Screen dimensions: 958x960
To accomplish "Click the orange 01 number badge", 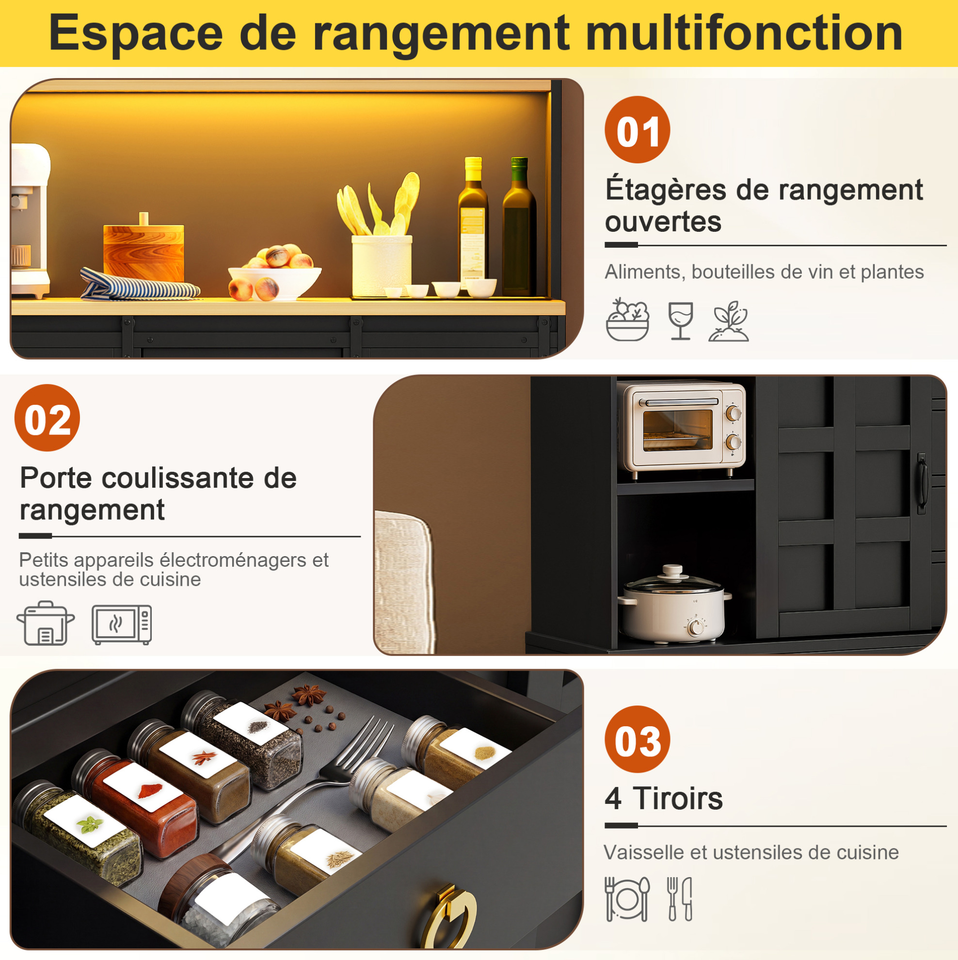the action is (x=637, y=129).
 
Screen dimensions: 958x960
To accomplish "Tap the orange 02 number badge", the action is (x=47, y=418).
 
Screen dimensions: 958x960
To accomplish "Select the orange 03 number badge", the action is (x=637, y=739).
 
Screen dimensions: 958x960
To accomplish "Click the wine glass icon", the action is (x=680, y=321).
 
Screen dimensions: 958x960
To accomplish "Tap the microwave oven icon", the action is (x=122, y=624).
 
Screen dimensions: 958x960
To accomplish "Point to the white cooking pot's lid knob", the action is (x=673, y=570).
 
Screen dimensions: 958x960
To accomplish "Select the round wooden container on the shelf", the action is (x=144, y=249).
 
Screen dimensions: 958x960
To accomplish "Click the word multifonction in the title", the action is (x=744, y=33).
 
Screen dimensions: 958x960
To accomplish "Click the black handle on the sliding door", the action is (x=922, y=482).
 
